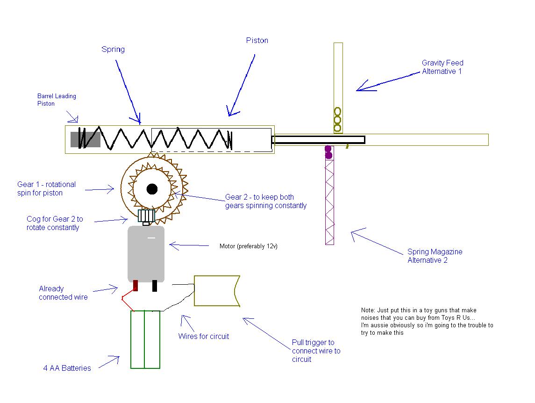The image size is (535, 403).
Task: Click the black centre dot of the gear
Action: (x=152, y=189)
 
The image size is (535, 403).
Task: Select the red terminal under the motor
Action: (x=136, y=286)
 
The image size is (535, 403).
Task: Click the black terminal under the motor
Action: (x=155, y=286)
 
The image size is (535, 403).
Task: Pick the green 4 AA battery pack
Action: (x=145, y=339)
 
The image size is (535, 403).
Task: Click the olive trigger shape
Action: (x=215, y=291)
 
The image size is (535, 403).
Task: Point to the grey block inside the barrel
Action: (x=86, y=139)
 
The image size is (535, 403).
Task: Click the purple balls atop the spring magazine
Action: (x=328, y=152)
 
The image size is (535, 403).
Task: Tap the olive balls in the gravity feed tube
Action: (x=337, y=120)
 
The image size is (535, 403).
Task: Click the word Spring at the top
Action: (x=113, y=49)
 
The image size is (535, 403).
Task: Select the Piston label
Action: (x=257, y=41)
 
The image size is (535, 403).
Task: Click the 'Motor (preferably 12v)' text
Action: (x=248, y=246)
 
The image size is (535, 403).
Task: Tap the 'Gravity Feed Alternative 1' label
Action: (x=442, y=67)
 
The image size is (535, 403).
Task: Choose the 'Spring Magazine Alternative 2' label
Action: (x=435, y=256)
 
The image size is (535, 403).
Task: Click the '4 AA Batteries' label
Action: (x=67, y=368)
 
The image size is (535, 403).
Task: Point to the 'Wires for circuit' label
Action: (x=204, y=336)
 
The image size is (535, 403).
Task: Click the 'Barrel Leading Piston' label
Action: (x=57, y=100)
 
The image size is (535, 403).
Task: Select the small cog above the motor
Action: (x=147, y=216)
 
